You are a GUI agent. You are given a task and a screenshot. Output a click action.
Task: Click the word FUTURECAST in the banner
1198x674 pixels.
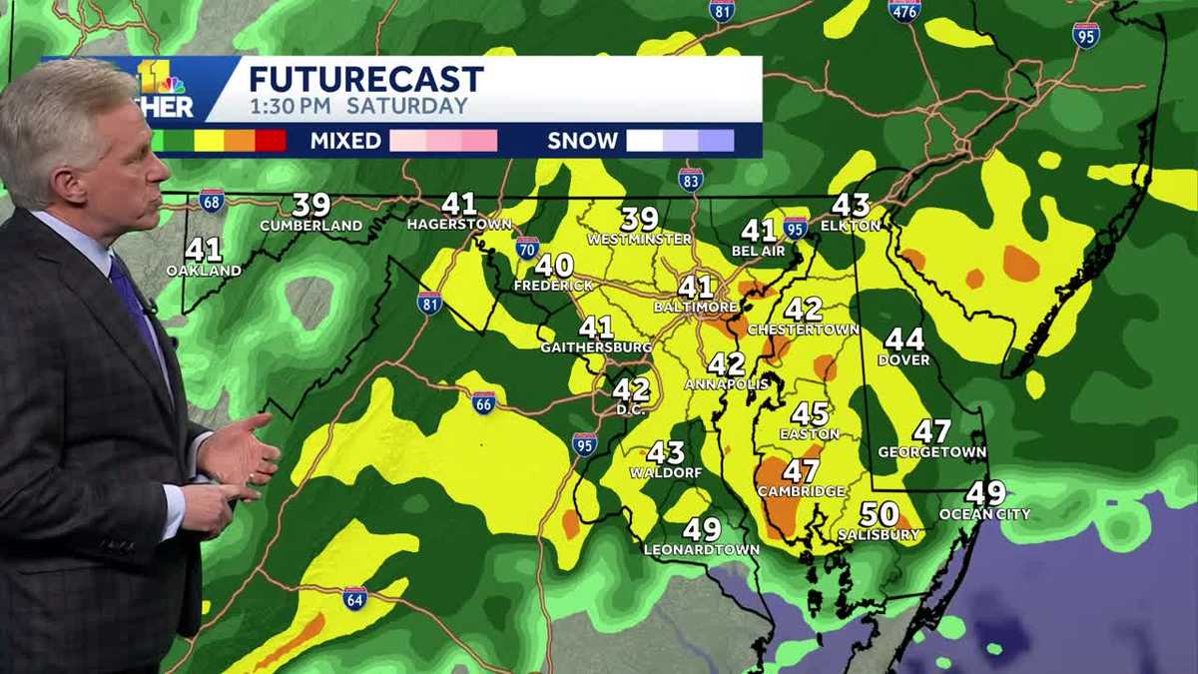(x=365, y=79)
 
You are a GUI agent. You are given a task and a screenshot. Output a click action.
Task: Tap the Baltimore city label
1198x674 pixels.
(x=696, y=307)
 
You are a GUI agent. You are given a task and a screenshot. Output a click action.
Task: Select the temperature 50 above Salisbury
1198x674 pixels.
(x=879, y=514)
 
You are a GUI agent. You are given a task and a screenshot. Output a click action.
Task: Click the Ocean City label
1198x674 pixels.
(x=984, y=514)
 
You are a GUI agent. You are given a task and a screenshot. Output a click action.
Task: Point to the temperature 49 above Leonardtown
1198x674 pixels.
(x=701, y=530)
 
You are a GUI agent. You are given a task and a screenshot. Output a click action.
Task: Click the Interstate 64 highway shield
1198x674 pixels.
(x=354, y=598)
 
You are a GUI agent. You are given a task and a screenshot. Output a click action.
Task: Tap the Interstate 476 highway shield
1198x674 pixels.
(x=904, y=10)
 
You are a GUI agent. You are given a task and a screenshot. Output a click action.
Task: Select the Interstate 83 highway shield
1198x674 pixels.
(x=690, y=179)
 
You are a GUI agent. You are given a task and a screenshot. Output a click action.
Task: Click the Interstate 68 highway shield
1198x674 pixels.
(x=211, y=200)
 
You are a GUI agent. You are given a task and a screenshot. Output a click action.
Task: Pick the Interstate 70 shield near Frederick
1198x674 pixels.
(x=528, y=248)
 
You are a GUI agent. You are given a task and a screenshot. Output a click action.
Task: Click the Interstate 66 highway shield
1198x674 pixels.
(x=483, y=402)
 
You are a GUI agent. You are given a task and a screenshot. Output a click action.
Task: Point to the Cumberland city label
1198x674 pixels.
(x=310, y=226)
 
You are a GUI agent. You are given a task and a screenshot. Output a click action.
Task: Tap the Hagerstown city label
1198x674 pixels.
(x=459, y=224)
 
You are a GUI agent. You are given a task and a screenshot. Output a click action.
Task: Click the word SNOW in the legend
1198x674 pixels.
(x=581, y=141)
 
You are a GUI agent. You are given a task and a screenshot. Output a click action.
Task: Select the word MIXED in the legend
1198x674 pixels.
(x=344, y=141)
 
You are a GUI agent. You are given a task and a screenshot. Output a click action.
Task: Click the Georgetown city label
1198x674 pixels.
(x=931, y=452)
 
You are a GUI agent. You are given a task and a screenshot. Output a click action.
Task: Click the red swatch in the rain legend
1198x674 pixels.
(x=271, y=141)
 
